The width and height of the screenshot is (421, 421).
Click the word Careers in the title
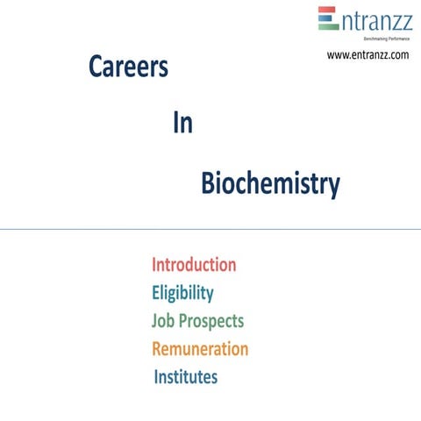click(128, 68)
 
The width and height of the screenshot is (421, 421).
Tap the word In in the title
click(182, 124)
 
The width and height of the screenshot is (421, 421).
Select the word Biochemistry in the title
click(270, 184)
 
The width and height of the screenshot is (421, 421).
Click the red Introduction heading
click(194, 265)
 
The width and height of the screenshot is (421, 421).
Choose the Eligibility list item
click(182, 293)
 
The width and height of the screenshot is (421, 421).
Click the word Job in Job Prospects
click(165, 321)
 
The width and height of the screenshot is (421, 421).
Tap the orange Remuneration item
click(200, 349)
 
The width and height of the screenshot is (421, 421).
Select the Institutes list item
click(186, 377)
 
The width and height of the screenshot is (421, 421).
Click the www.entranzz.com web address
click(367, 55)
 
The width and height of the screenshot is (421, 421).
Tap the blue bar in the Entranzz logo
click(326, 18)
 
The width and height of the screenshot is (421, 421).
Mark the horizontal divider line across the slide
click(210, 229)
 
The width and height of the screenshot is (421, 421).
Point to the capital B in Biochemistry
click(208, 184)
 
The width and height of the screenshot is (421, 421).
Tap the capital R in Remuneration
click(158, 349)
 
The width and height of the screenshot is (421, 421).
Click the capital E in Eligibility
click(156, 293)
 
